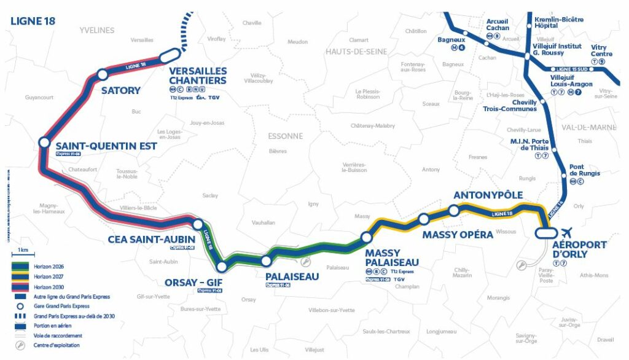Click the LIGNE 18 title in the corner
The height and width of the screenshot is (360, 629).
(33, 21)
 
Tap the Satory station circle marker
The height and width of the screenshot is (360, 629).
(103, 74)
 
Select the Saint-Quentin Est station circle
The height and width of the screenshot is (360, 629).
(44, 142)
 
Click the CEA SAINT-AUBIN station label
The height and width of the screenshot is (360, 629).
(151, 238)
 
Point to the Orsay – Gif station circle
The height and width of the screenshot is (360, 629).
(222, 267)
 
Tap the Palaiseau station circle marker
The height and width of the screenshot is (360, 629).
(266, 261)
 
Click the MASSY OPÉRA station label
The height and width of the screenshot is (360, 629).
(458, 235)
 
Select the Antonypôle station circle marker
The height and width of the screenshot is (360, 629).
(453, 211)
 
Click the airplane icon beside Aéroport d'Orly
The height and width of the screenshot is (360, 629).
(566, 232)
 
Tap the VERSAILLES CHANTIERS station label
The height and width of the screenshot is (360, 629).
(198, 76)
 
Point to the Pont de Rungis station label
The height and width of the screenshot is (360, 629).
(585, 170)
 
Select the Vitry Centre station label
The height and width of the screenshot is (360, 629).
(601, 50)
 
